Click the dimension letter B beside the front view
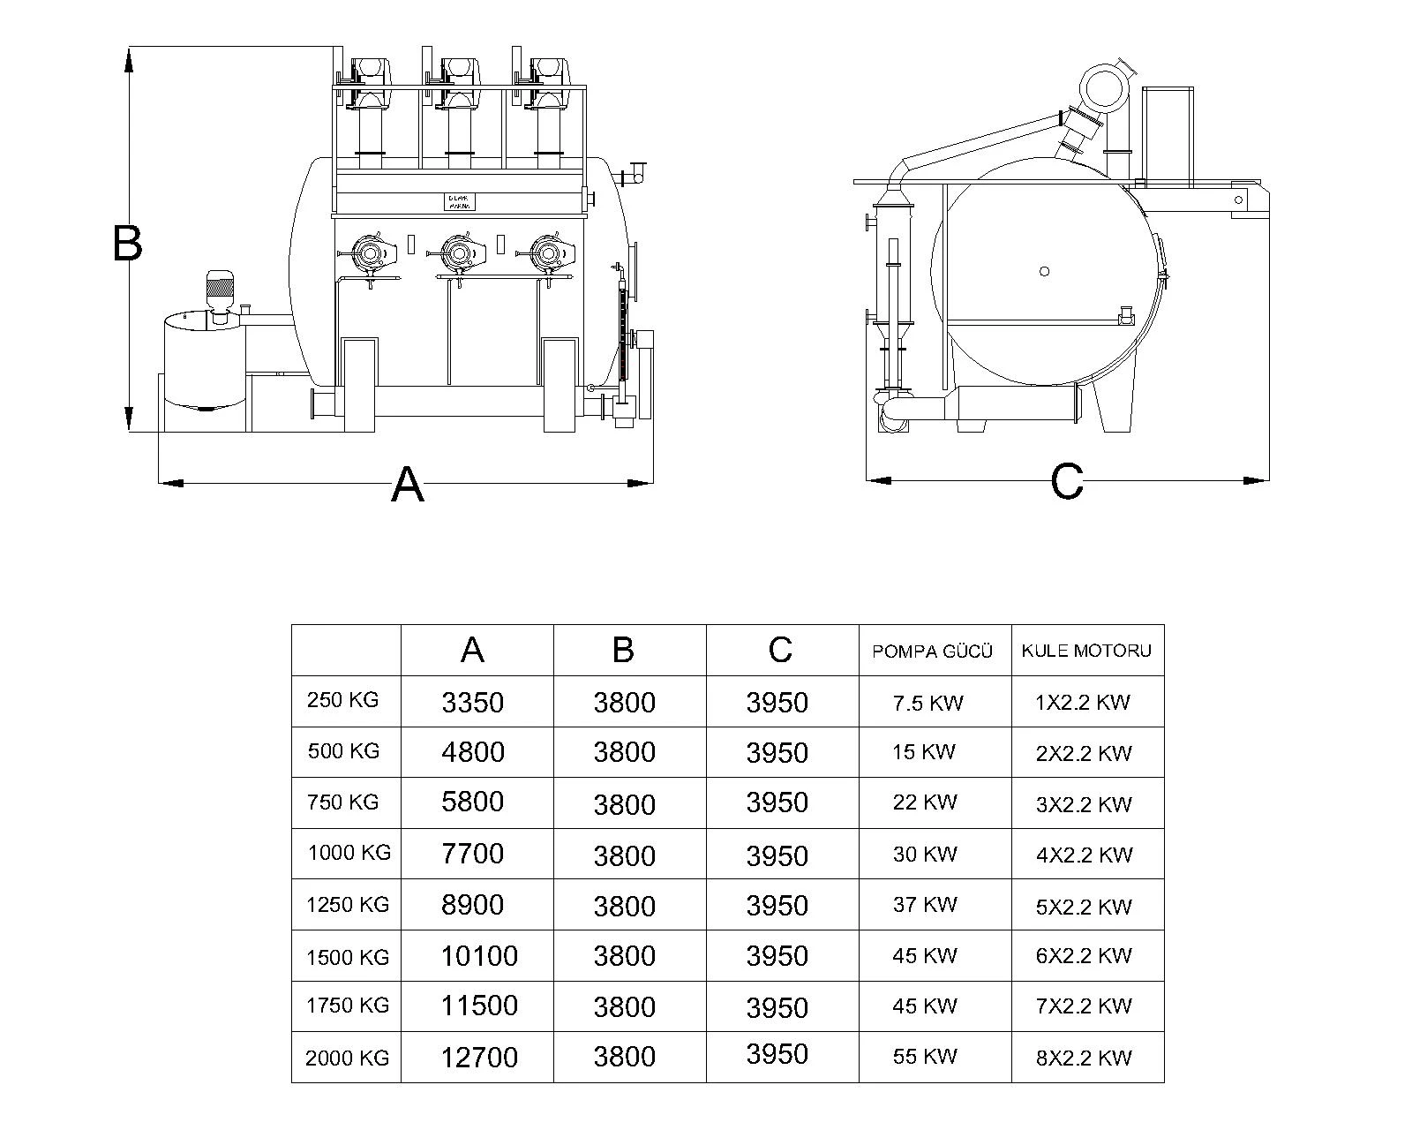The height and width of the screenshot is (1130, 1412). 128,243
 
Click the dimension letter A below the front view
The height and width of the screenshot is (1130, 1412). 407,484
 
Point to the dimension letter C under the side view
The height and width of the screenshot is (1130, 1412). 1067,482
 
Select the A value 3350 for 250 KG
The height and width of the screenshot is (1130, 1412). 472,703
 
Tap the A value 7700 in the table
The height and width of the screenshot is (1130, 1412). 472,854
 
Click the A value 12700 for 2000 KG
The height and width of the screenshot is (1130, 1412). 478,1057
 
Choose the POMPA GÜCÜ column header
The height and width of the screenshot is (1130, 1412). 933,652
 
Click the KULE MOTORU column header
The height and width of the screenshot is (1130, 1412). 1086,651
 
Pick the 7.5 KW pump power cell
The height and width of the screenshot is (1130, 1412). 928,703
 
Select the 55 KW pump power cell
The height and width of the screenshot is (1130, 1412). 924,1056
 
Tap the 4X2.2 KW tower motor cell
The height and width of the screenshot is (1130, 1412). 1084,855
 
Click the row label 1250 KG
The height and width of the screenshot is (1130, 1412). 347,905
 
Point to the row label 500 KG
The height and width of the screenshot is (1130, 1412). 343,751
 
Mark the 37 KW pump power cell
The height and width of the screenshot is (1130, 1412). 924,905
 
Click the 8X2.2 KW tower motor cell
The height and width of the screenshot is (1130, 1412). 1084,1058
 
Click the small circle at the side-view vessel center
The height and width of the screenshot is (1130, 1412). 1044,271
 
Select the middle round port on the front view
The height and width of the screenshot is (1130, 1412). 458,254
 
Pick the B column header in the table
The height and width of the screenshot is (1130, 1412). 623,650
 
